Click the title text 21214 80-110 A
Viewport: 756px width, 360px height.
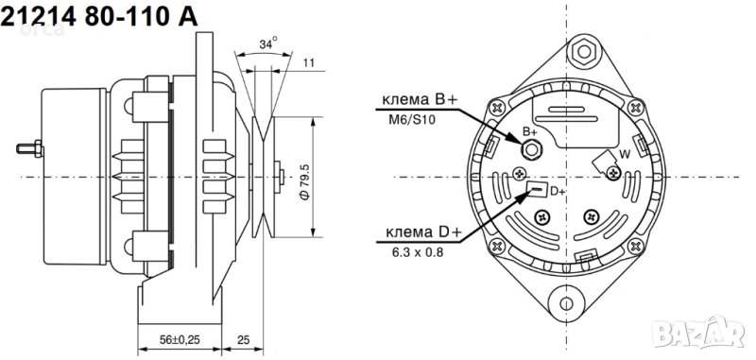99,17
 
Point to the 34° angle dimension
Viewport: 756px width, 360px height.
268,44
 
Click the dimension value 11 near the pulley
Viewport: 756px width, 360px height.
309,62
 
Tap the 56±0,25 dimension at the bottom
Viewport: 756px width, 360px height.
180,339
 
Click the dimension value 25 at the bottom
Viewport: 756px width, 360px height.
244,339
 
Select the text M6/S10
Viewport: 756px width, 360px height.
412,120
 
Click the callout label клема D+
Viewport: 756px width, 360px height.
423,233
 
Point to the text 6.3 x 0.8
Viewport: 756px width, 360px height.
418,252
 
